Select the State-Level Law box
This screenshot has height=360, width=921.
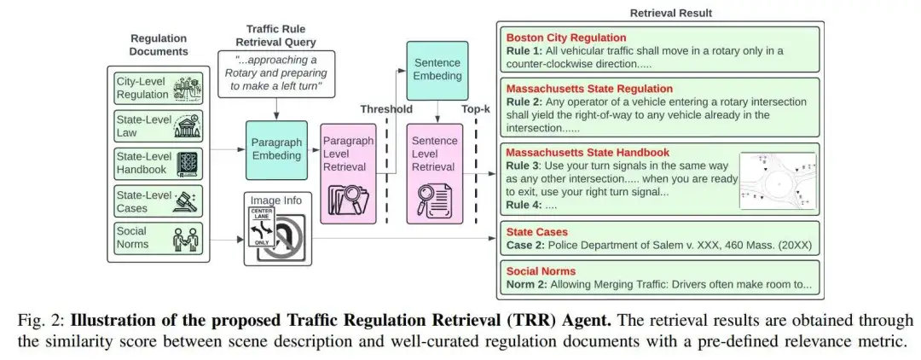[159, 125]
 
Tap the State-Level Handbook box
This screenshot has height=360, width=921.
[159, 164]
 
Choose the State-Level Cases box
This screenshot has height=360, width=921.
[159, 201]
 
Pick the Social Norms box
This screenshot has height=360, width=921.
[159, 238]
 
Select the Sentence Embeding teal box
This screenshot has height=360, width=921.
[437, 69]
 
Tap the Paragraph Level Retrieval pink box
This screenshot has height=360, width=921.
[348, 173]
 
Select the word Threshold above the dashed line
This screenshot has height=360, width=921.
[385, 109]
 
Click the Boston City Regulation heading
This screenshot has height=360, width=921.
[566, 38]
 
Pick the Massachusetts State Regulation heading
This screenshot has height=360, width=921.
[589, 88]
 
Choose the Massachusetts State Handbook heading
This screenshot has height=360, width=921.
[585, 152]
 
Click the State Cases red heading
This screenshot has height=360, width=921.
[537, 231]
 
